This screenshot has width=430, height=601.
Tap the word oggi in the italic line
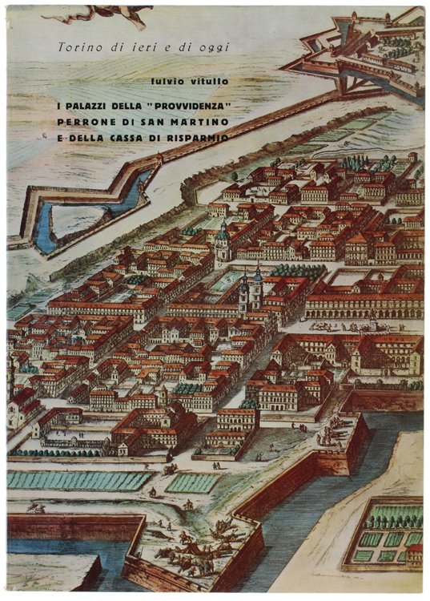(214, 47)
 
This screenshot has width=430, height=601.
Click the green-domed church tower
(223, 239)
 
